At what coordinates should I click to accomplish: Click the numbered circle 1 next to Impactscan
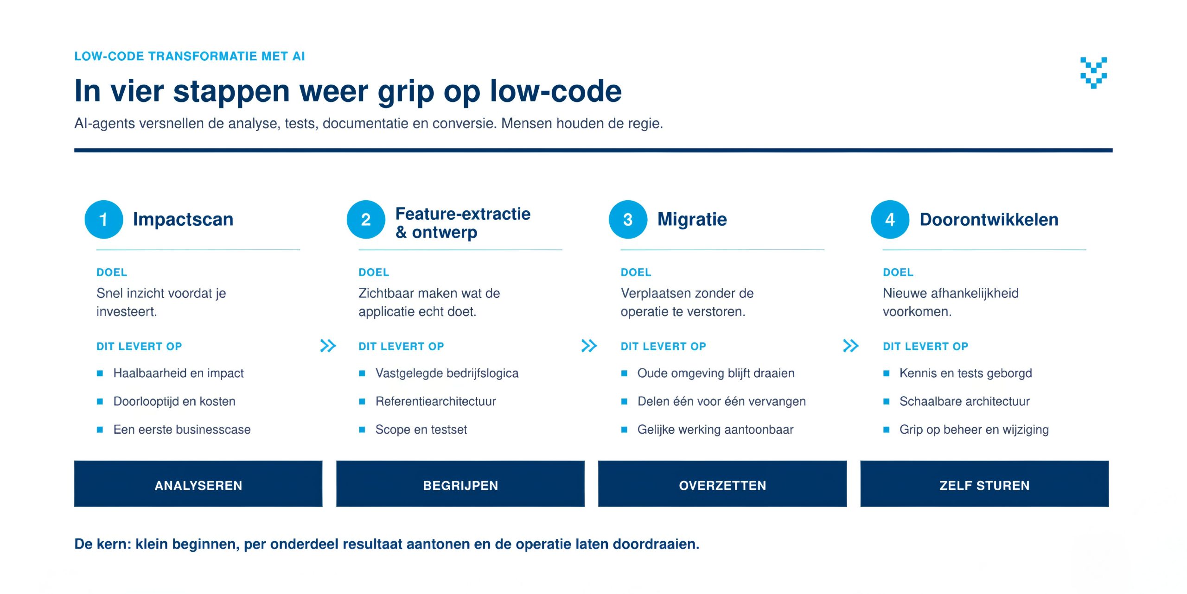coord(104,220)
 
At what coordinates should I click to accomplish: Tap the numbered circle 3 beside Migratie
coord(628,220)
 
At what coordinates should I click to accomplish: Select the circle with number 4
coord(890,220)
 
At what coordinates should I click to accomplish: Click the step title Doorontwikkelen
coord(989,220)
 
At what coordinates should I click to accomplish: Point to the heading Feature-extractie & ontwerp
coord(463,223)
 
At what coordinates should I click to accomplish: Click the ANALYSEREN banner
coord(198,484)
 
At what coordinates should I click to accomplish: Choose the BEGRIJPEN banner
coord(460,484)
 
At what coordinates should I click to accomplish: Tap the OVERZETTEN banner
coord(722,484)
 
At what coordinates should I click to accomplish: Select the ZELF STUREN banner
coord(984,484)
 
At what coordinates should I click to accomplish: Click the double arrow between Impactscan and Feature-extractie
coord(328,346)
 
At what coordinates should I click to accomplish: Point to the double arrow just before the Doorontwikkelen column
coord(851,346)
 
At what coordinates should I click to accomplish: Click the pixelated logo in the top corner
coord(1094,73)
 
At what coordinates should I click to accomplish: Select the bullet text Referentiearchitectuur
coord(436,401)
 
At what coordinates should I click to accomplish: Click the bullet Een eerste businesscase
coord(182,430)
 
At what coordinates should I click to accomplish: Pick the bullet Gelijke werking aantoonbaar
coord(715,430)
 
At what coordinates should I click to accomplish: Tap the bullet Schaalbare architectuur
coord(964,401)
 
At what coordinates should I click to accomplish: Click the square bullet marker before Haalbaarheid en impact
coord(100,373)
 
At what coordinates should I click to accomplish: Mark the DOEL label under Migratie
coord(636,272)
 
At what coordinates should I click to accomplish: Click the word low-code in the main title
coord(555,91)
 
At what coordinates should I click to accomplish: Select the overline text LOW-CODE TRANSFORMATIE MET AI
coord(190,57)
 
